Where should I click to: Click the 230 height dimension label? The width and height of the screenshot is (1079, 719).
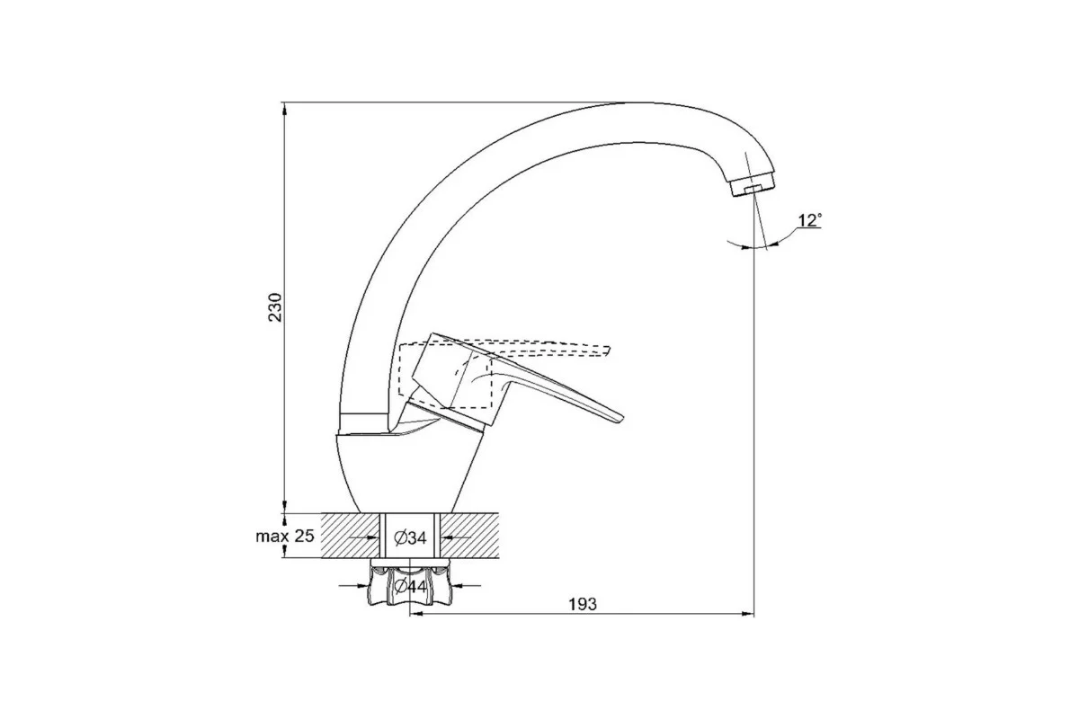click(275, 306)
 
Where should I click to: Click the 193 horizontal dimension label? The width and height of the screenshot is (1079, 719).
click(583, 604)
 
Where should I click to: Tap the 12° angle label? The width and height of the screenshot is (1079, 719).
click(809, 220)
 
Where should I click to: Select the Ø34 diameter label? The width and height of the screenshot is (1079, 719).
click(410, 537)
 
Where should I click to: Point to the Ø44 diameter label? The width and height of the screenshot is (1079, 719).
click(410, 586)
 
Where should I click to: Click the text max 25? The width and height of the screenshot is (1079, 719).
click(285, 536)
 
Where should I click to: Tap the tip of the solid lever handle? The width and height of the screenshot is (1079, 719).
click(621, 418)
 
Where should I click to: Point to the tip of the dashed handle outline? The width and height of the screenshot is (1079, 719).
click(608, 351)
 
